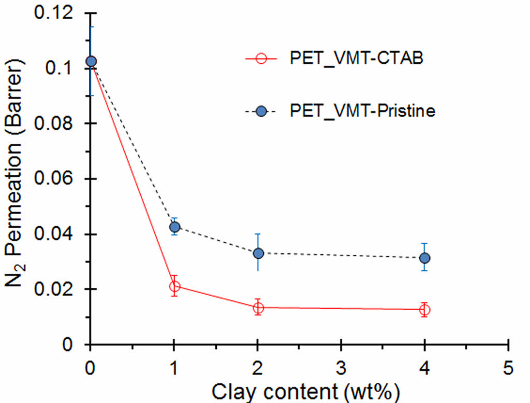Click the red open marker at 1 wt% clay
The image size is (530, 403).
point(174,286)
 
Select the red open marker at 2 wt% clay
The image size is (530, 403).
point(258,308)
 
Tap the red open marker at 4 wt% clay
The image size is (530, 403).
point(424,310)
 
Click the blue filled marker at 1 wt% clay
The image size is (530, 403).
point(174,227)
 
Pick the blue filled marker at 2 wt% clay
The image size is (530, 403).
point(258,253)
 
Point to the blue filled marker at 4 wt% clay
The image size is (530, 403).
point(424,258)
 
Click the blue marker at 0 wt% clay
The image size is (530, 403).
point(91,61)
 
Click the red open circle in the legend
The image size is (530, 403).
point(261,58)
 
